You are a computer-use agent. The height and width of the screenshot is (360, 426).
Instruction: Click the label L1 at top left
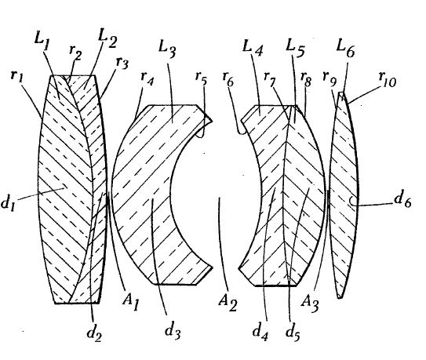point(42,42)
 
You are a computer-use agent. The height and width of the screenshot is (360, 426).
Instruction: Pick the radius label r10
point(388,79)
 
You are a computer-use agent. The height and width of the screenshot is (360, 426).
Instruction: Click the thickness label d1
point(8,202)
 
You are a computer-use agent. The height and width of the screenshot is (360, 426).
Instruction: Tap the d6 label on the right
point(402,200)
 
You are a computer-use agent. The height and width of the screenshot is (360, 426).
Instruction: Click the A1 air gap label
point(131,302)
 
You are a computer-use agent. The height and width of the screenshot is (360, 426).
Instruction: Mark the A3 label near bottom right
point(310,304)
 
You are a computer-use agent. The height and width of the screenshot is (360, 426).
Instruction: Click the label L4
point(253,48)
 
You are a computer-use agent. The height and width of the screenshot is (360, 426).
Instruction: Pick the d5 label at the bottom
point(293,332)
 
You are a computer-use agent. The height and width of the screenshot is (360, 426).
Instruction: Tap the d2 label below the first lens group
point(94,333)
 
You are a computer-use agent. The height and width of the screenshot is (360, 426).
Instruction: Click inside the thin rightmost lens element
point(344,195)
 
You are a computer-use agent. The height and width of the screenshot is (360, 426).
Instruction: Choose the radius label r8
point(306,78)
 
